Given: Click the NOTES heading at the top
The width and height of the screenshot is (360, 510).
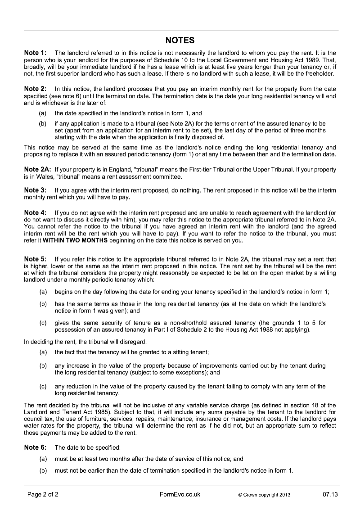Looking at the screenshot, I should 180,41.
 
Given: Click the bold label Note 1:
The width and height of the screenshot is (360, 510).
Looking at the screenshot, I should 35,53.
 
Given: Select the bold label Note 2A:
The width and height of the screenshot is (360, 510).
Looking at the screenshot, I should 37,170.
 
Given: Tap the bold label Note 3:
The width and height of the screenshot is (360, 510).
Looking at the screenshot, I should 35,190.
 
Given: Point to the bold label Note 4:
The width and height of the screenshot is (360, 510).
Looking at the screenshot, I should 35,212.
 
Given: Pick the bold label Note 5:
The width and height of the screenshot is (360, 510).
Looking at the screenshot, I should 35,259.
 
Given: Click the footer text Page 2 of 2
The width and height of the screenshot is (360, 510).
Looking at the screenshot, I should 43,495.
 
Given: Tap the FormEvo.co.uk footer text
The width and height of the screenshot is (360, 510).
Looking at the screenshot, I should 180,495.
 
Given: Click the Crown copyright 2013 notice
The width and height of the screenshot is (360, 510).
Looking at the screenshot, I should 264,495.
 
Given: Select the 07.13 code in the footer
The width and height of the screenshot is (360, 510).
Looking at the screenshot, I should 329,495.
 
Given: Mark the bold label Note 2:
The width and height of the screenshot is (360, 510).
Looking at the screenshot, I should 35,89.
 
